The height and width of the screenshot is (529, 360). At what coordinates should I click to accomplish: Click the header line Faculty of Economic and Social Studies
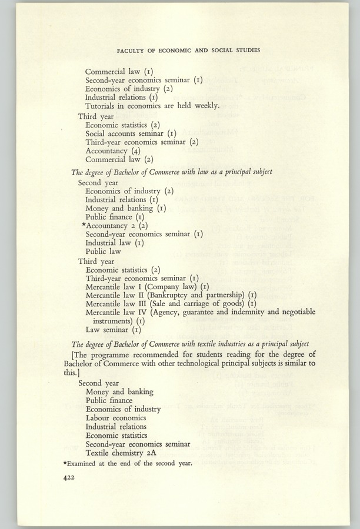pos(179,49)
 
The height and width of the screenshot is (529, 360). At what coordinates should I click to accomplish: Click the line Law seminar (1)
pos(112,330)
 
